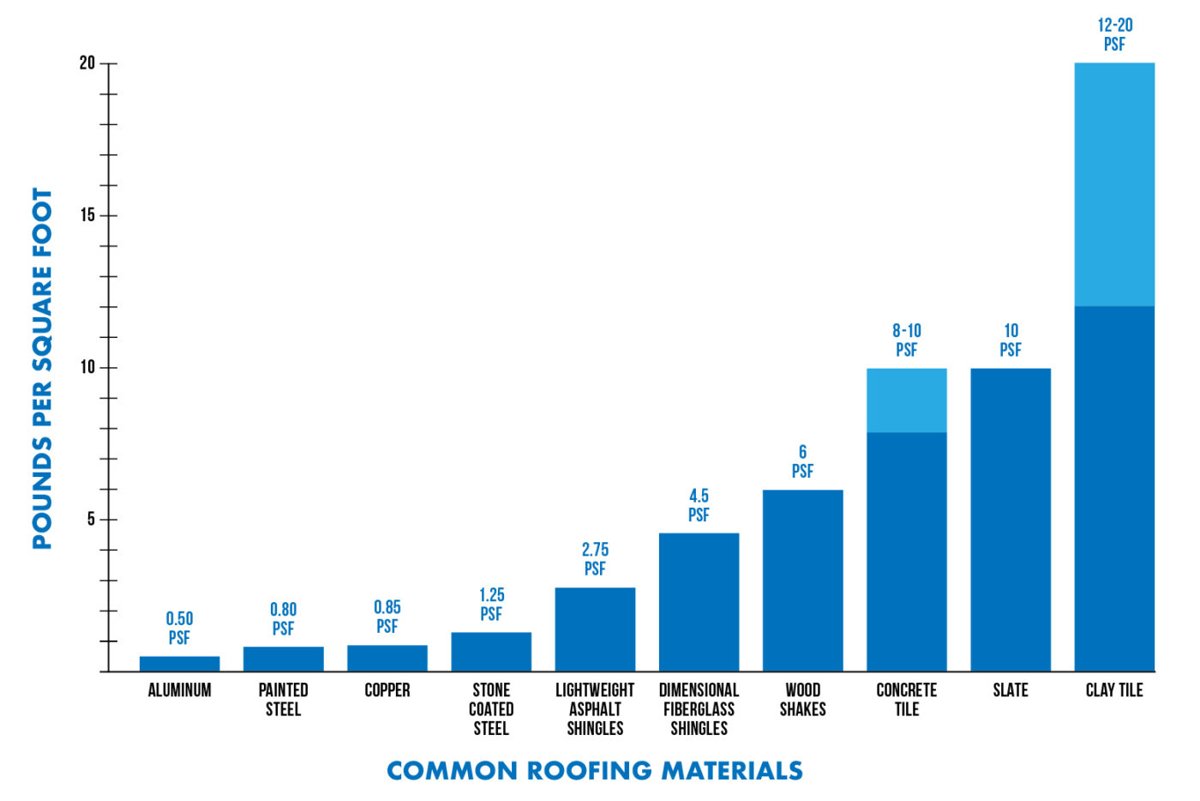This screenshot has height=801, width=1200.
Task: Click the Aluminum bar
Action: coord(179,663)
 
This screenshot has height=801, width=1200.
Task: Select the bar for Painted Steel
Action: coord(283,659)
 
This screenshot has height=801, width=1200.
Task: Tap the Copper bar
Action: coord(387,658)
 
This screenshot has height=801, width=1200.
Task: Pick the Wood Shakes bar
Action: coord(802,580)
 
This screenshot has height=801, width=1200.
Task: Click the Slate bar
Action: coord(1010,519)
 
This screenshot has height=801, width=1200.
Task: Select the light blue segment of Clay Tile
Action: coord(1113,184)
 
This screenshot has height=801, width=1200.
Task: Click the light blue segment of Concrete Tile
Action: coord(906,400)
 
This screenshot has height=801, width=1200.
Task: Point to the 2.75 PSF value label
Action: coord(595,558)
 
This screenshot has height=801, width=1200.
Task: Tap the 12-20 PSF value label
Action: coord(1114,34)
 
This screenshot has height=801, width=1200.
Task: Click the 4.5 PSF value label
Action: coord(699,505)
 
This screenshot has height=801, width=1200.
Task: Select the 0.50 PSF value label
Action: coord(179,628)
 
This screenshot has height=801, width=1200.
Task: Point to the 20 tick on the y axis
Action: coord(87,63)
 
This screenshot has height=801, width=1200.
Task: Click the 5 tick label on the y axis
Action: coord(90,520)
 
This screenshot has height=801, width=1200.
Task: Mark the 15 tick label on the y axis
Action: coord(87,215)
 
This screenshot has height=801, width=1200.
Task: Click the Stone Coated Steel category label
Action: coord(491,708)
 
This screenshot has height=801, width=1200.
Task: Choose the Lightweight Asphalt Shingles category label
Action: coord(595,708)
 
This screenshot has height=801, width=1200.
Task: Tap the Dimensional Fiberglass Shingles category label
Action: coord(699,708)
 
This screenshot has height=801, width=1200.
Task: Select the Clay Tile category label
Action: coord(1113,690)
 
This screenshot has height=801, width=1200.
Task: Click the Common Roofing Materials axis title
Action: coord(595,770)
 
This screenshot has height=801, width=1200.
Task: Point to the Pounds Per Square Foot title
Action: coord(42,369)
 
